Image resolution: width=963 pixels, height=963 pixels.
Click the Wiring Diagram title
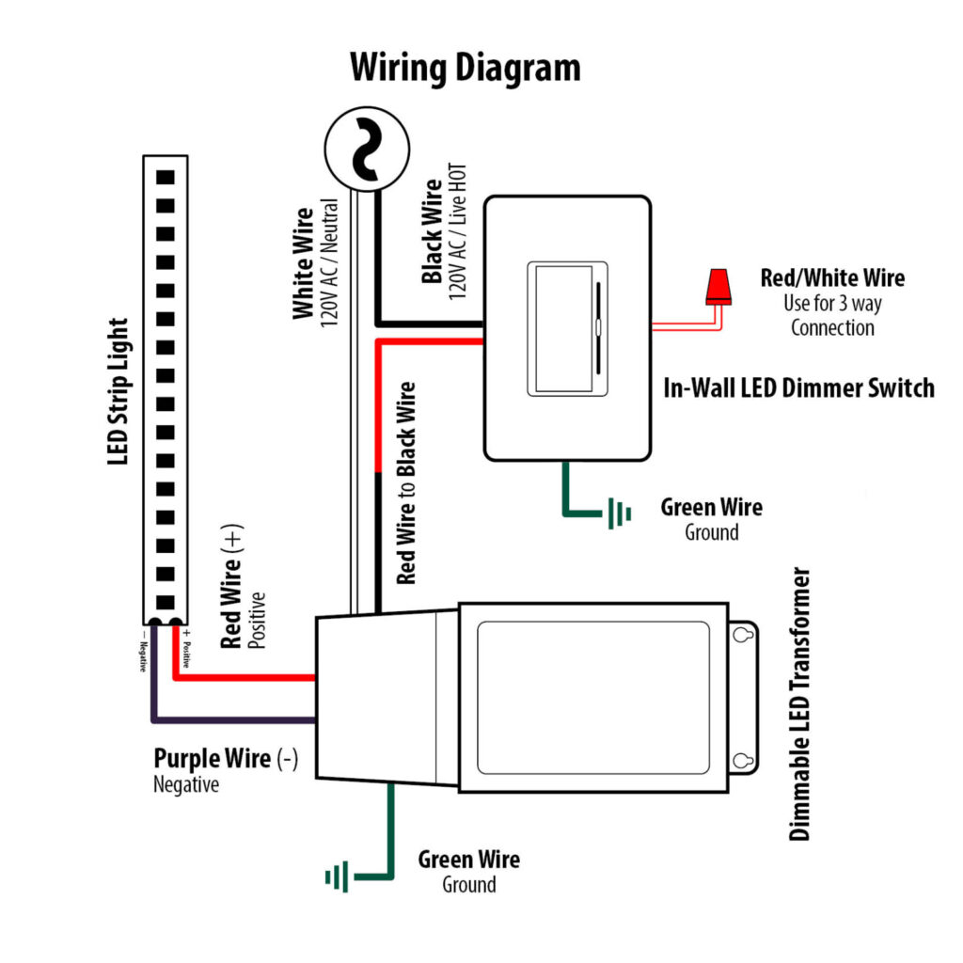click(x=466, y=68)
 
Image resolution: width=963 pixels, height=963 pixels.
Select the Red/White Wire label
click(x=832, y=278)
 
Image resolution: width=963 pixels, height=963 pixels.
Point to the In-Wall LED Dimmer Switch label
click(x=799, y=387)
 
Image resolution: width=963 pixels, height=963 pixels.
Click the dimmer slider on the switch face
click(x=597, y=327)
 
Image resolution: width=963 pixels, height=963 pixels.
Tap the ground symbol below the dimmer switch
click(x=619, y=513)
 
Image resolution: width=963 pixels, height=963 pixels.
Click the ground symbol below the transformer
click(x=337, y=877)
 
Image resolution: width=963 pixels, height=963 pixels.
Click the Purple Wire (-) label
click(x=226, y=759)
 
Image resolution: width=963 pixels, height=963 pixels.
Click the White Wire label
click(x=303, y=263)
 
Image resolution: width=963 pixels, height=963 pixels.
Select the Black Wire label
click(x=433, y=231)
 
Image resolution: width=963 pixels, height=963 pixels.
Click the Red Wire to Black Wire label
click(x=406, y=483)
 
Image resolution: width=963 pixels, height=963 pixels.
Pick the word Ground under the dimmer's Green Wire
click(x=712, y=532)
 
